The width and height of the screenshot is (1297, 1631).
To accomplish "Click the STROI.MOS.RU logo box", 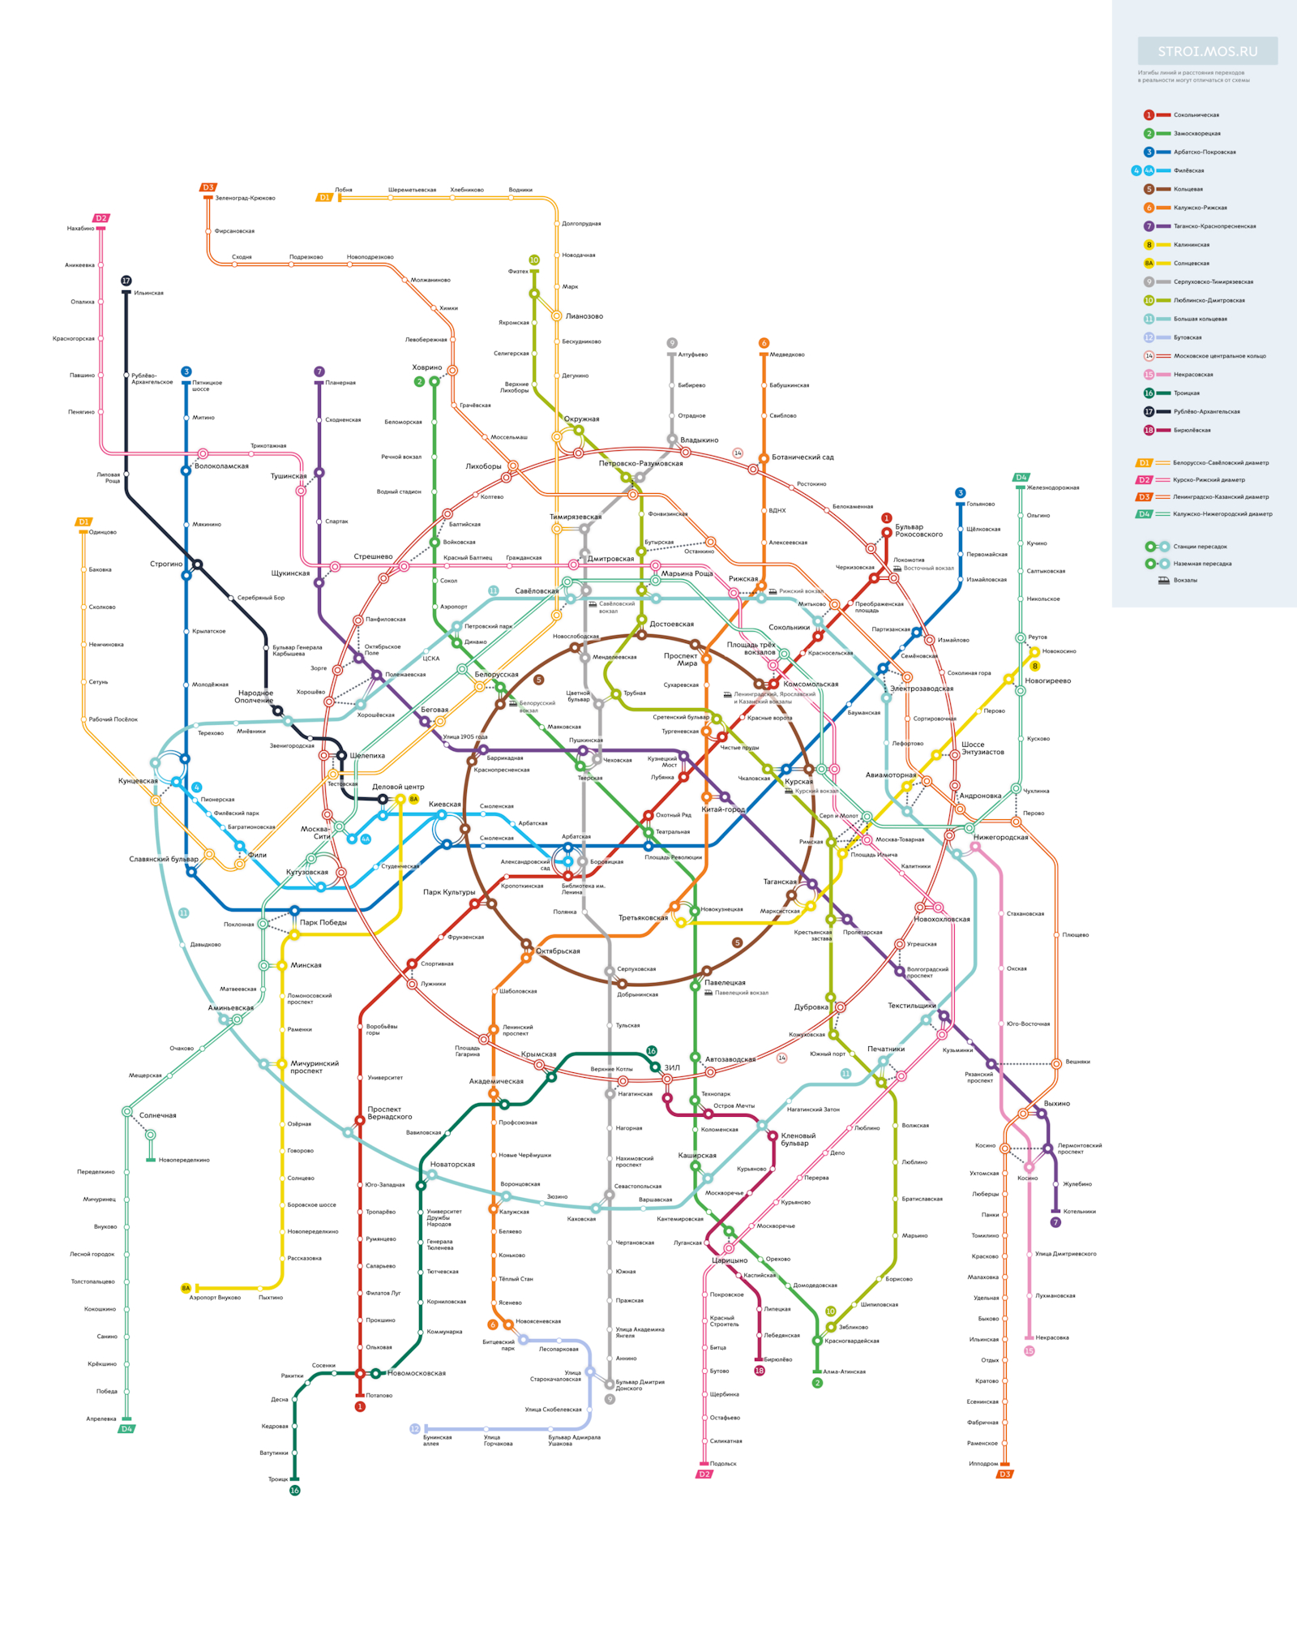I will point(1207,51).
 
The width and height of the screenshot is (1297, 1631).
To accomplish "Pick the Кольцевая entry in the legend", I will point(1188,189).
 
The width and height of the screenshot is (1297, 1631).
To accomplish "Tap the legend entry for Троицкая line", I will point(1186,393).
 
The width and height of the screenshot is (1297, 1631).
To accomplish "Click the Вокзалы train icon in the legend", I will point(1163,580).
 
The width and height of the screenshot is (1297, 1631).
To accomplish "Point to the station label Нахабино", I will point(80,229).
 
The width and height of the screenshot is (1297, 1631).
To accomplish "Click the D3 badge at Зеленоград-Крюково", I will point(208,187).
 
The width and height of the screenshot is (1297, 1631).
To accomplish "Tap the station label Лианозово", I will point(584,316).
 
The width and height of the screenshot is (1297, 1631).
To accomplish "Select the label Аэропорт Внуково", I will point(215,1298).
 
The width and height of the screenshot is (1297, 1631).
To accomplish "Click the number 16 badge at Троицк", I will point(295,1491).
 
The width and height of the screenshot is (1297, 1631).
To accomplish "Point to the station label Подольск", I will point(723,1464).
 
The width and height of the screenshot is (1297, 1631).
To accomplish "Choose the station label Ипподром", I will point(983,1464).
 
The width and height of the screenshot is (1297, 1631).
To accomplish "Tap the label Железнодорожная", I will point(1053,487).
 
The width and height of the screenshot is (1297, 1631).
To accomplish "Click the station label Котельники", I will point(1079,1212).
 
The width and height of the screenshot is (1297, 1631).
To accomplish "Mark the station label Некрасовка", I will point(1052,1337).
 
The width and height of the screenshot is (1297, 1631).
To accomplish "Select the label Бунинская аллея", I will point(437,1440).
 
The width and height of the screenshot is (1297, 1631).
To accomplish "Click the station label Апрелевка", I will point(101,1419).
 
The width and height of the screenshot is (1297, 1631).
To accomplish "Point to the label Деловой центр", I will point(398,787).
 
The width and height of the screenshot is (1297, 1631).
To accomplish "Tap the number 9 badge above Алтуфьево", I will point(672,343).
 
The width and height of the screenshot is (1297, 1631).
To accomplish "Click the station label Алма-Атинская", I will point(844,1371).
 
